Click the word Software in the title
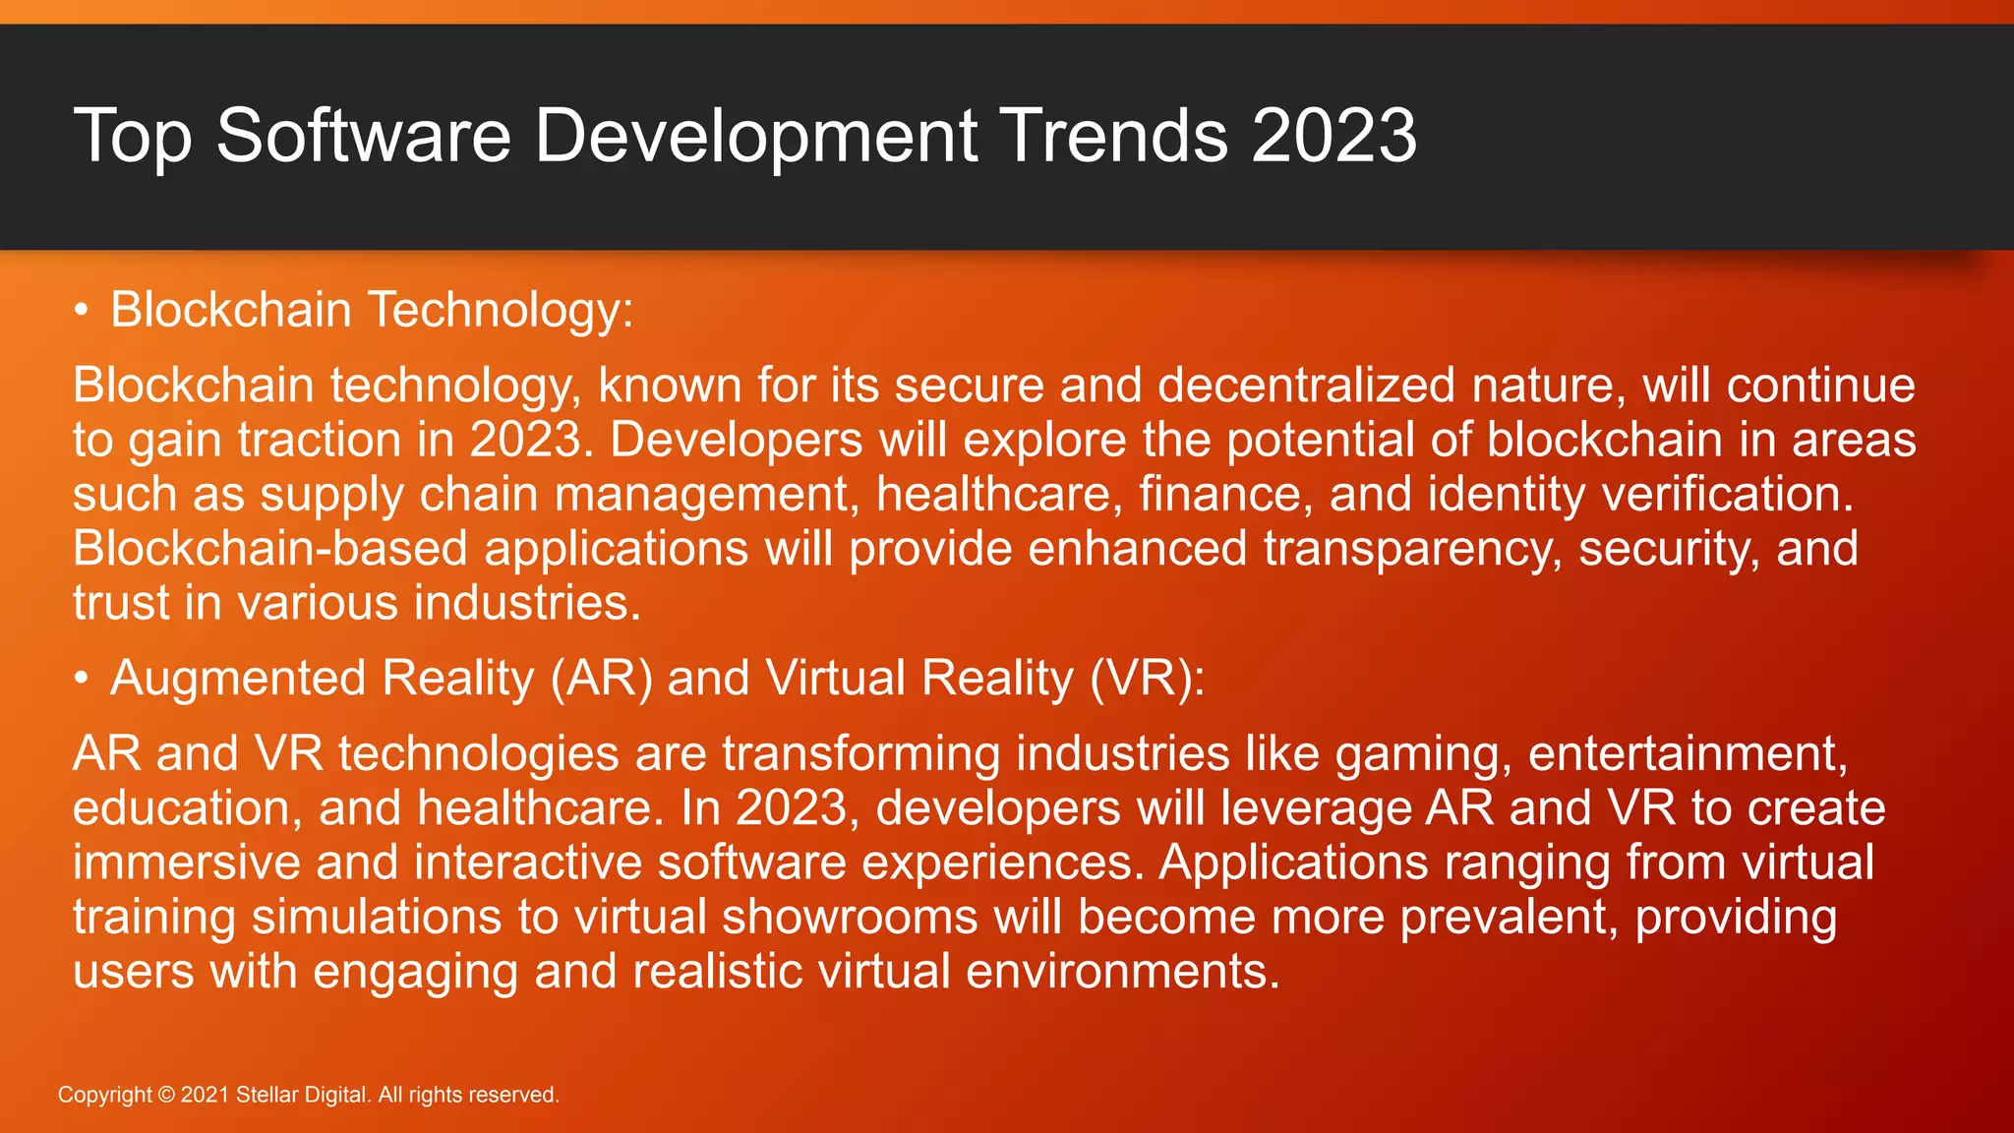coord(363,136)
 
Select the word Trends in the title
coord(1114,136)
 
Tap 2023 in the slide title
coord(1333,136)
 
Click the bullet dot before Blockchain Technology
coord(82,311)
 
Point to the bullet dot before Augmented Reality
coord(82,679)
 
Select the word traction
coord(320,440)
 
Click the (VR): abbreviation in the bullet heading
coord(1147,679)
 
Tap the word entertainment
coord(1688,754)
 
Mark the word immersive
coord(186,863)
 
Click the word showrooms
coord(850,917)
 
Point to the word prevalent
coord(1509,917)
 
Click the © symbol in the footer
coord(166,1095)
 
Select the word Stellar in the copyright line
coord(267,1095)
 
